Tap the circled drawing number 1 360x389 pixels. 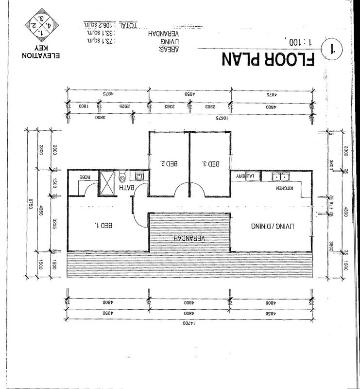tap(333, 48)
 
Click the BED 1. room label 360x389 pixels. tap(104, 225)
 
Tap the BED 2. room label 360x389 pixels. tap(169, 164)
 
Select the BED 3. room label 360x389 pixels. tap(210, 164)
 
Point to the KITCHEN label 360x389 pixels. tap(286, 188)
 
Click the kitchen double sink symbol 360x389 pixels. tap(281, 177)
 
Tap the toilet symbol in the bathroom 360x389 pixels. tap(123, 176)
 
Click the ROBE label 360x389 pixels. tap(86, 178)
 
